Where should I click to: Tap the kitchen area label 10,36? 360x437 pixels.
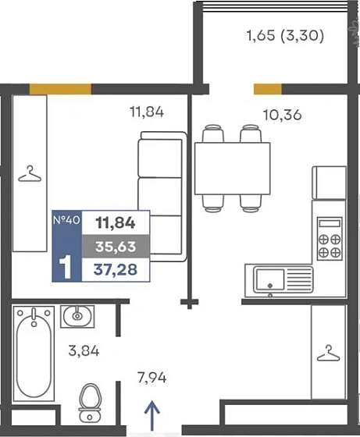point(282,115)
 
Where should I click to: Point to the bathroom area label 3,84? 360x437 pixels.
point(84,351)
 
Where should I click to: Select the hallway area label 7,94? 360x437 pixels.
point(152,378)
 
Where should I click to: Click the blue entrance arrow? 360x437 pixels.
point(152,415)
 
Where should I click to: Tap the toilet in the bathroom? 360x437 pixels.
point(90,403)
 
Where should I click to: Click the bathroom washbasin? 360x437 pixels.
point(77,316)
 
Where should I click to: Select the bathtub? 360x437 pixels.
point(34,354)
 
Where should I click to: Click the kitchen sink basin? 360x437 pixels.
point(270,279)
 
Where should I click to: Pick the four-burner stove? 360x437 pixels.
point(330,239)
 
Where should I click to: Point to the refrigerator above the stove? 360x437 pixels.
point(330,183)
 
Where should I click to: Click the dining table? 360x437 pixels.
point(233,169)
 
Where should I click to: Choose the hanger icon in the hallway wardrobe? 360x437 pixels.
point(329,354)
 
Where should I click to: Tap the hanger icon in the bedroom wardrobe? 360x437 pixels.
point(30,174)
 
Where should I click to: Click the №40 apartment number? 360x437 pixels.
point(66,220)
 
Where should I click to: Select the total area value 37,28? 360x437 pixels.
point(116,270)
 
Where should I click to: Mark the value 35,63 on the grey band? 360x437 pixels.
point(116,247)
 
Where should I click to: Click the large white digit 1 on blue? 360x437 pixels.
point(65,268)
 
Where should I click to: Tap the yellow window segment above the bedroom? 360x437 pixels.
point(60,89)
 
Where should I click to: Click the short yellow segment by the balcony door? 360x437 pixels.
point(268,89)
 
